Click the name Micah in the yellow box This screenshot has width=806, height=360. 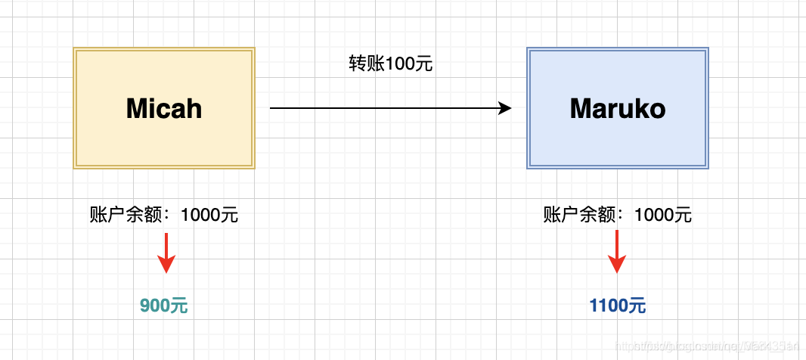(164, 109)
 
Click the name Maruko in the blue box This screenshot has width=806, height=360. (618, 109)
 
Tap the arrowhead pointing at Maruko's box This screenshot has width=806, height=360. (506, 108)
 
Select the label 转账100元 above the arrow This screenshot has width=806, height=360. (390, 64)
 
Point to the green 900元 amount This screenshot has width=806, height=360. (164, 306)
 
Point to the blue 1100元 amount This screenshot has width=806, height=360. (618, 306)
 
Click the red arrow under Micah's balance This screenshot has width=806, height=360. (166, 253)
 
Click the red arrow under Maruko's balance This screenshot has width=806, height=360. (618, 253)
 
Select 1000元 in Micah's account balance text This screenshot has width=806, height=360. (209, 215)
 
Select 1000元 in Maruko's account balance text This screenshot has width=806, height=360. (663, 215)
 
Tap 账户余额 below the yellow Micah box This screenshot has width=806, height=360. (126, 215)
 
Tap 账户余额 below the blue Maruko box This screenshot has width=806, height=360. (579, 215)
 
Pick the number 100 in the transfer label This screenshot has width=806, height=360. (399, 64)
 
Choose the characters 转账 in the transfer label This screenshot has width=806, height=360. (366, 64)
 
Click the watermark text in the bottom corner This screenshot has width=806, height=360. (707, 346)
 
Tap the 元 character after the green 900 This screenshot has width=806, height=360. (179, 306)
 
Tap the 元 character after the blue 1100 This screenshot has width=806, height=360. (637, 306)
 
